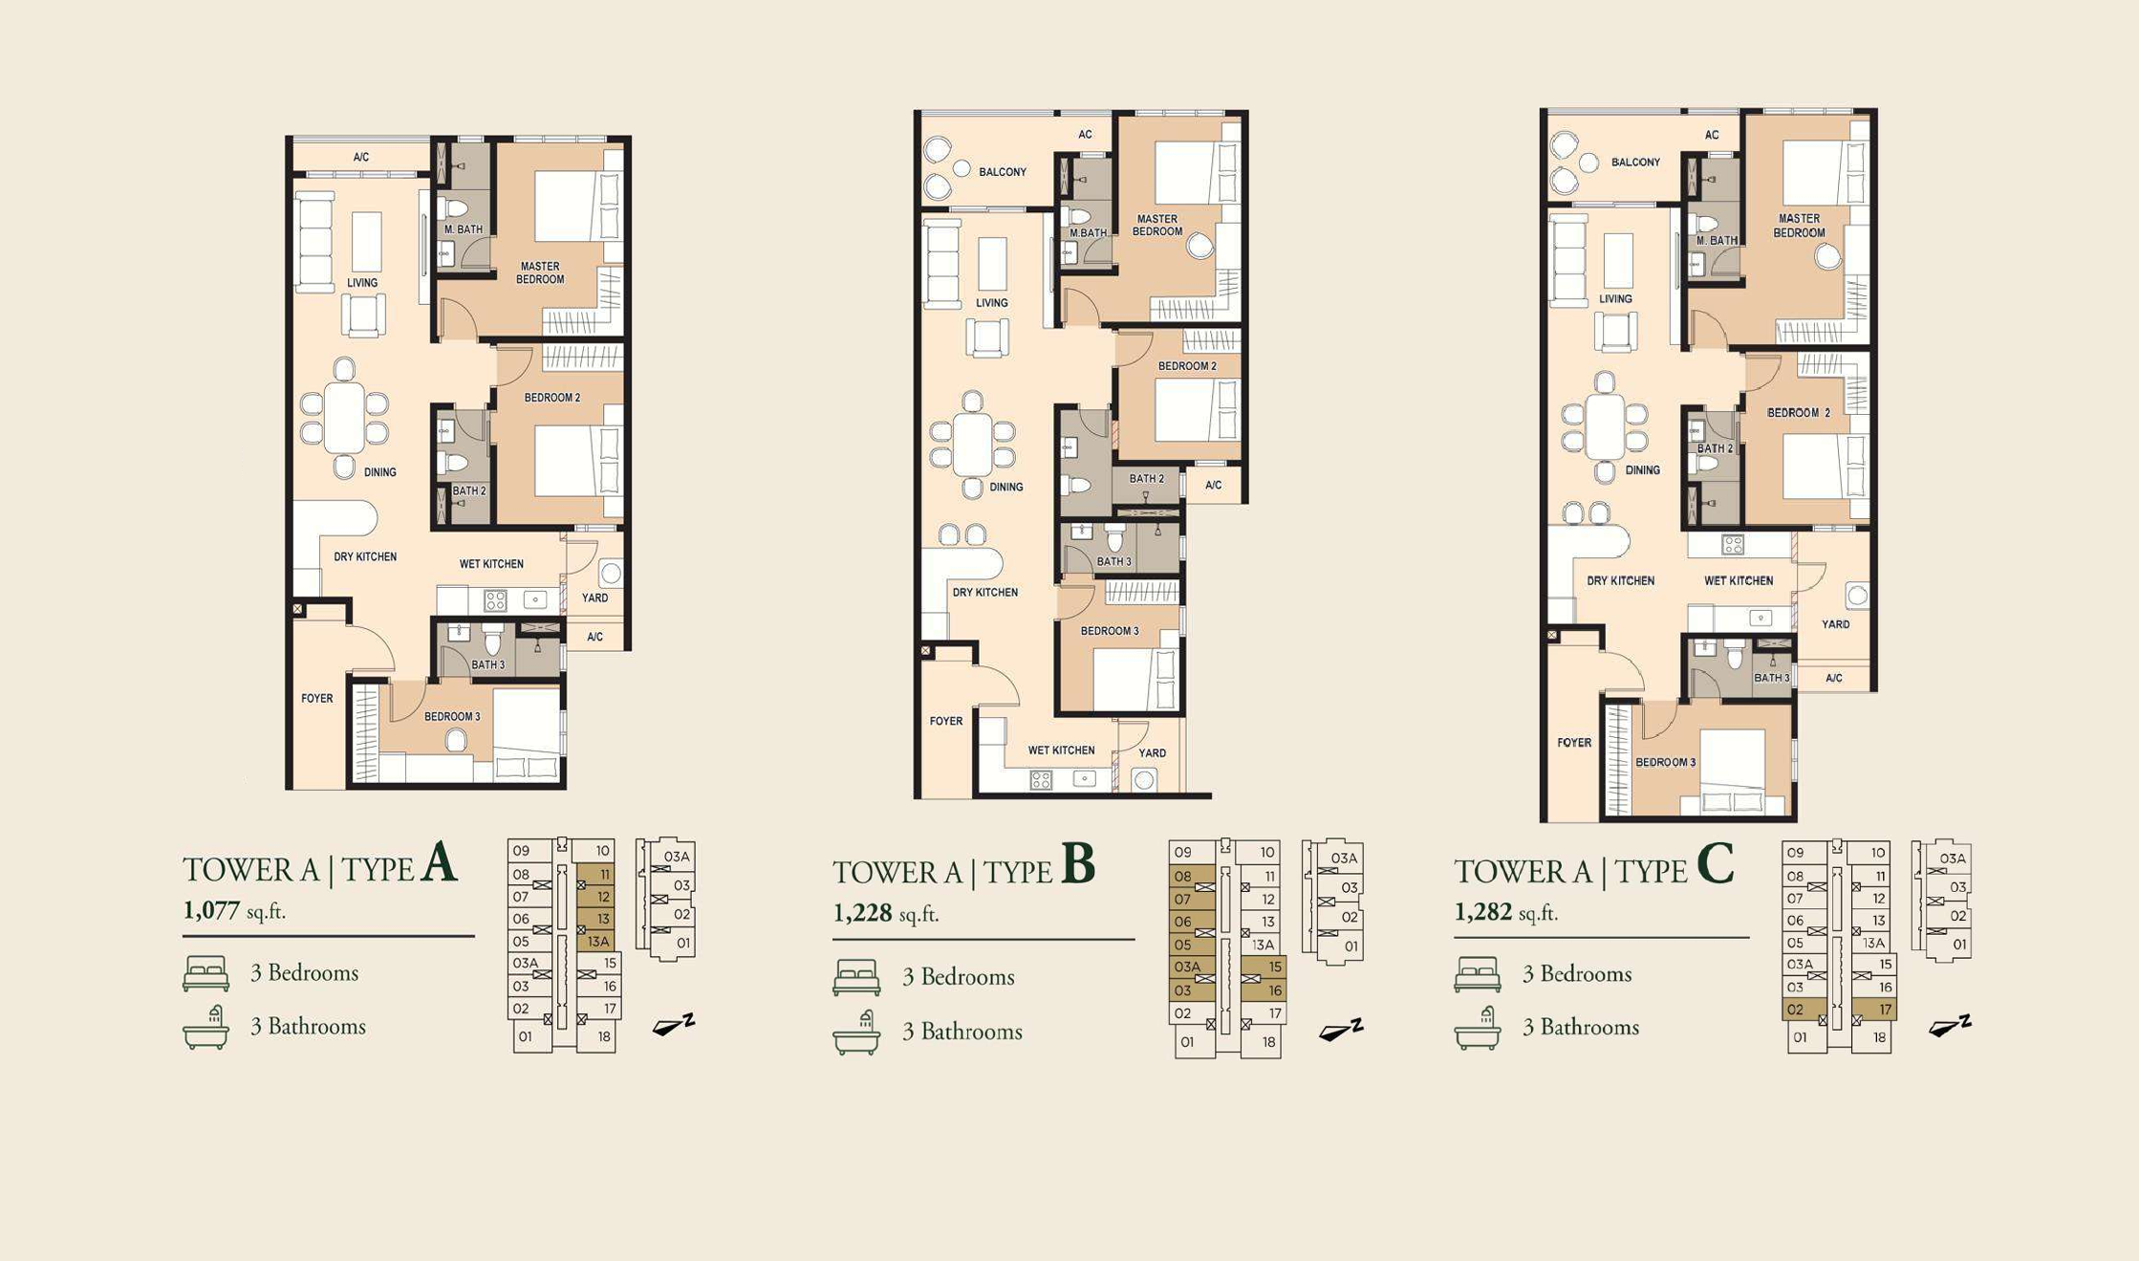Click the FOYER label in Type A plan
click(x=317, y=699)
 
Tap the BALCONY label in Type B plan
click(x=1003, y=172)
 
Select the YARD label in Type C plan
click(x=1835, y=624)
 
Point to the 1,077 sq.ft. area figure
click(x=234, y=911)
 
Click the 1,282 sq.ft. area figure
click(x=1506, y=913)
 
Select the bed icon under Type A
click(x=205, y=973)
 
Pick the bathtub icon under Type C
click(x=1478, y=1029)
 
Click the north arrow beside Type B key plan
click(x=1341, y=1030)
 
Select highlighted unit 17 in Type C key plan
click(x=1874, y=1010)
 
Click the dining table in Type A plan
click(x=344, y=418)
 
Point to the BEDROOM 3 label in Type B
click(x=1110, y=631)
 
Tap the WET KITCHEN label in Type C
click(x=1739, y=580)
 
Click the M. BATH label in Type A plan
click(x=464, y=229)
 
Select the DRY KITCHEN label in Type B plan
click(x=985, y=593)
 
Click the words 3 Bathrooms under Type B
click(x=962, y=1032)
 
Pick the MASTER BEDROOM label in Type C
click(x=1800, y=226)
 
